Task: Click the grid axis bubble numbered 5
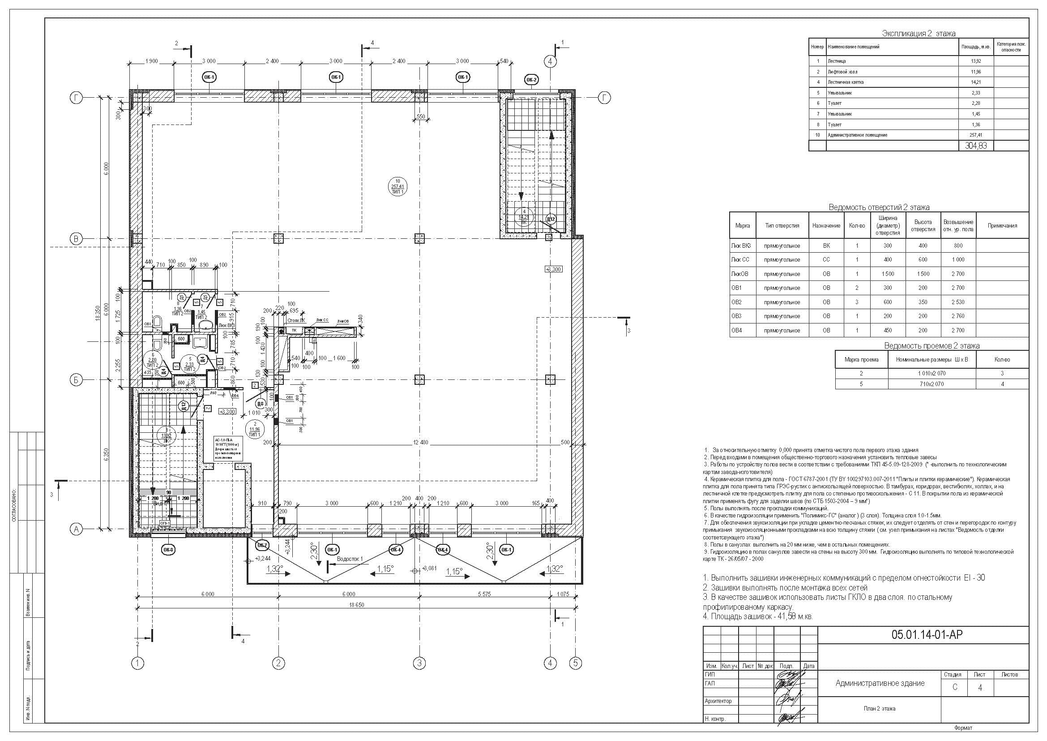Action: tap(576, 663)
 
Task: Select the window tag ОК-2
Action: tap(532, 80)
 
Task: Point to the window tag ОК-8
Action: tap(168, 550)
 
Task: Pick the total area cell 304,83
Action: tap(976, 146)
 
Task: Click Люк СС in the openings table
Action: tap(740, 260)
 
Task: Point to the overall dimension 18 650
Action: tap(357, 605)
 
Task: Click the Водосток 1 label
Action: tap(350, 559)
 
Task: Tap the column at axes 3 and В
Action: tap(419, 238)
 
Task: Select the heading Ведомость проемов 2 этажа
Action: tap(932, 346)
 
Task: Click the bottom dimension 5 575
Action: tap(484, 595)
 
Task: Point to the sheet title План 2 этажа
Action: tap(879, 709)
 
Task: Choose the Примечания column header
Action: tap(1002, 225)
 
